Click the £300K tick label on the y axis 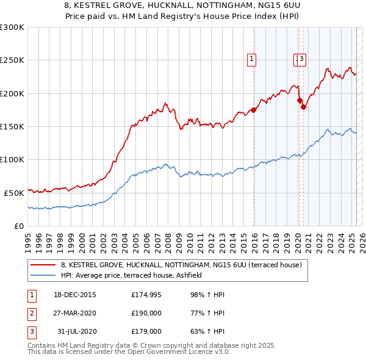coord(12,27)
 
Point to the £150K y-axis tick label coord(12,126)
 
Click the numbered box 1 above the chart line coord(251,59)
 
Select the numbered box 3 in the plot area coord(302,59)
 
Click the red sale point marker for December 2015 coord(254,110)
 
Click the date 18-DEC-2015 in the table coord(75,295)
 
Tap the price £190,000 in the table coord(146,313)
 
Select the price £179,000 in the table coord(146,331)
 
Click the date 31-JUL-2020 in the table coord(77,331)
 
